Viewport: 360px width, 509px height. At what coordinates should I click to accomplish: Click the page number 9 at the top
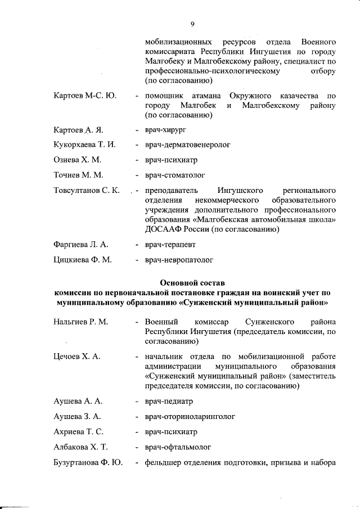(x=192, y=24)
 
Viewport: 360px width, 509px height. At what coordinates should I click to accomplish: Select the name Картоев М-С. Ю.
(x=85, y=96)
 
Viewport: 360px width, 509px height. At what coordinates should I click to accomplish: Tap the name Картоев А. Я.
(x=78, y=130)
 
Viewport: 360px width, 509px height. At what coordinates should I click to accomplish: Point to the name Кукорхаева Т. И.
(x=84, y=145)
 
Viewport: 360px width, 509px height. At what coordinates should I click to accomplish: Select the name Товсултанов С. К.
(x=87, y=190)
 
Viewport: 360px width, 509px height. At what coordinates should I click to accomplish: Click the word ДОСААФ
(x=162, y=229)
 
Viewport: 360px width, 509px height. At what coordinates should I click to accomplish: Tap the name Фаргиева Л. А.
(x=81, y=245)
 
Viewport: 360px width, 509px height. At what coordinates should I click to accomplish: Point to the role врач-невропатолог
(x=179, y=260)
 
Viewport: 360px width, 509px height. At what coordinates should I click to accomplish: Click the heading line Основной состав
(x=192, y=282)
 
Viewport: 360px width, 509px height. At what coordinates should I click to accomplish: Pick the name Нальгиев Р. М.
(x=81, y=322)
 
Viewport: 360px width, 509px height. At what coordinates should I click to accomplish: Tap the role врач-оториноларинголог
(x=190, y=417)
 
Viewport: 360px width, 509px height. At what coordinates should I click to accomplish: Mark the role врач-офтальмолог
(x=178, y=447)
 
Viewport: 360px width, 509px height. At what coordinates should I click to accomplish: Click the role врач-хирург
(x=165, y=130)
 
